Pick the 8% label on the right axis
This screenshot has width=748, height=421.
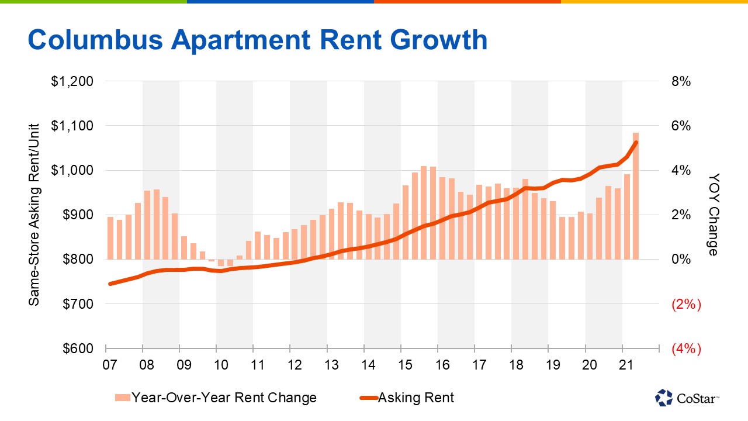tap(681, 82)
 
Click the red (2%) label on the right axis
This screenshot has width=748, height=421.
tap(687, 304)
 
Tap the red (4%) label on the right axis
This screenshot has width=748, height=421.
tap(687, 348)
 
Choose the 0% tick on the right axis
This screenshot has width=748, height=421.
tap(681, 260)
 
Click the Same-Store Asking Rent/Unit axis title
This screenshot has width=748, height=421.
tap(34, 214)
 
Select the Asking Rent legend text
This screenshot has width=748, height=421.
tap(416, 398)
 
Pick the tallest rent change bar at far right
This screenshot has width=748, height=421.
tap(635, 196)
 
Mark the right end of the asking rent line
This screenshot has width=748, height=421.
tap(636, 142)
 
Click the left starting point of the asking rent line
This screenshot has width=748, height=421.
tap(109, 284)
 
